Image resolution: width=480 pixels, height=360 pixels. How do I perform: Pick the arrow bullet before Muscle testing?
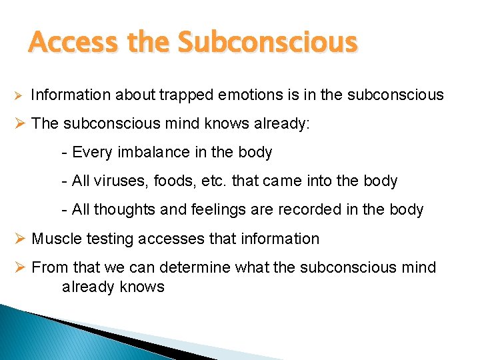click(20, 239)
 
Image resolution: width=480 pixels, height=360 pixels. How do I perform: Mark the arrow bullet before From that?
click(20, 268)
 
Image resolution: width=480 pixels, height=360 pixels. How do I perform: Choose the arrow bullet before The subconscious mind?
click(20, 124)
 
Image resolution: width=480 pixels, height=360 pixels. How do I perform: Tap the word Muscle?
click(55, 239)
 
